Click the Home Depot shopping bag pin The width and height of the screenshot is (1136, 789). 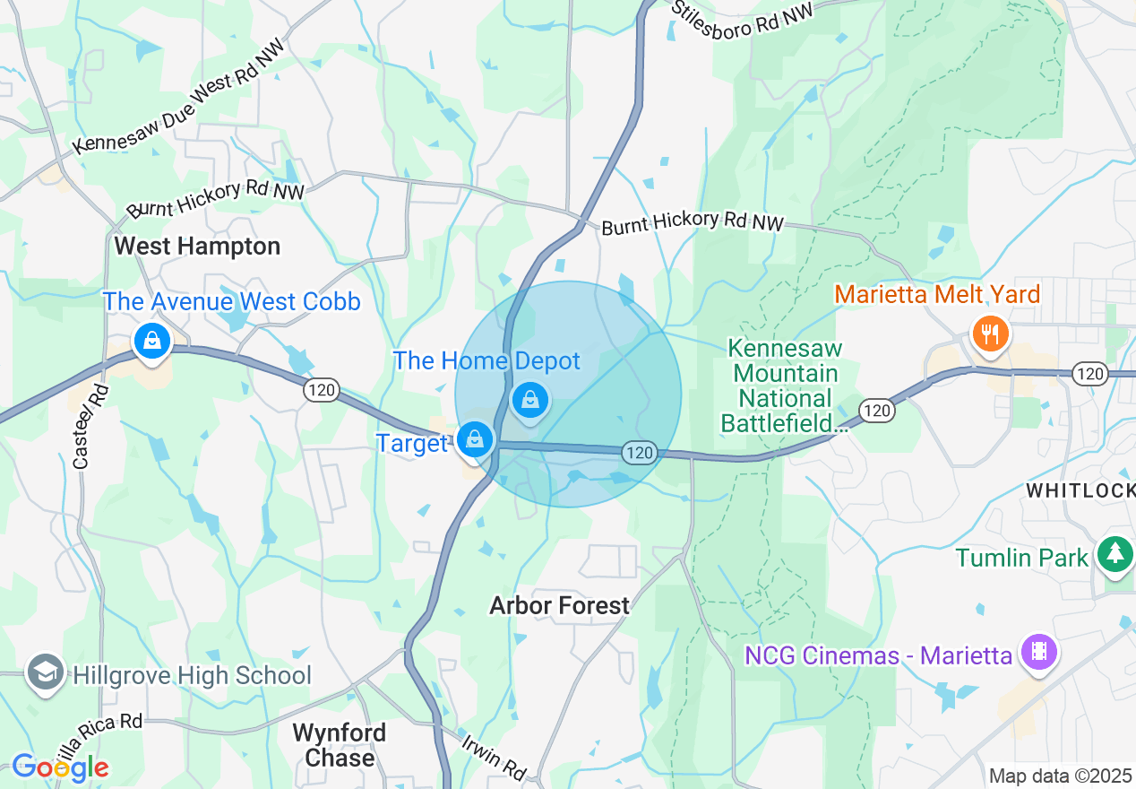click(530, 400)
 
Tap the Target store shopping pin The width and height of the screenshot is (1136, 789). click(474, 439)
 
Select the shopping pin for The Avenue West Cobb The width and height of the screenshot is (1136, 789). click(152, 342)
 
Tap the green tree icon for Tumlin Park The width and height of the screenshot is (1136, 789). click(1114, 553)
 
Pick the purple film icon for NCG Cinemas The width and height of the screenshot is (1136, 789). click(1039, 651)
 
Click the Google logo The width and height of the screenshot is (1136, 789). click(60, 767)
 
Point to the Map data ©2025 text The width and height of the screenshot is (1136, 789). click(1060, 776)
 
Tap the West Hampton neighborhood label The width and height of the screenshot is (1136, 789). click(197, 246)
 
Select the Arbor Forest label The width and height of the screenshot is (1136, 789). click(559, 606)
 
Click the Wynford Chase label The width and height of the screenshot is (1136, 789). click(340, 745)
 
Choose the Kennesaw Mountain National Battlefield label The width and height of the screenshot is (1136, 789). click(783, 386)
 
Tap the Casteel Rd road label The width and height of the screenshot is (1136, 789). click(90, 428)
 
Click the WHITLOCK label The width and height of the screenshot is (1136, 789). click(1080, 490)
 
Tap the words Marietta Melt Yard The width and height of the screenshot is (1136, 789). click(937, 294)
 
